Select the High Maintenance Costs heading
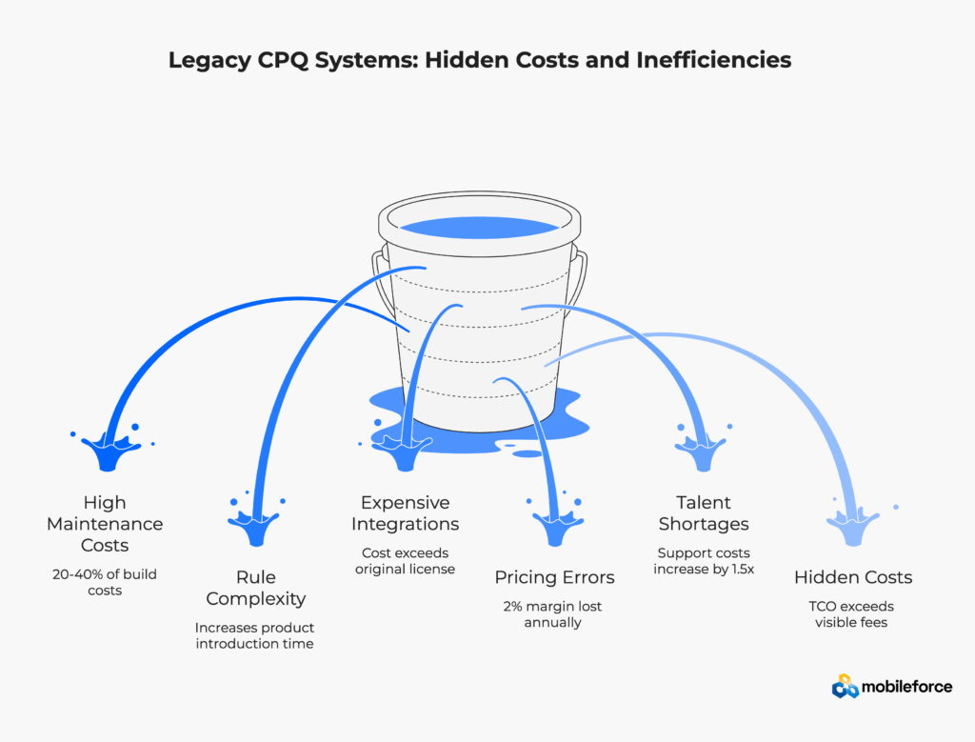(105, 524)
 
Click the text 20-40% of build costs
(105, 582)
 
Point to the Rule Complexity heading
(255, 588)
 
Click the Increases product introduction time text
(255, 636)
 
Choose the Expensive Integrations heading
(406, 513)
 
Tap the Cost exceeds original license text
(406, 561)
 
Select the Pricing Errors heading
(554, 577)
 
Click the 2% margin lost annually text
(554, 614)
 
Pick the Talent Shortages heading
(704, 513)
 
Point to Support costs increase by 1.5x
(704, 561)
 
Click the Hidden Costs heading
(853, 577)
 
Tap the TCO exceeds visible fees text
(853, 614)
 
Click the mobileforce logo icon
(845, 687)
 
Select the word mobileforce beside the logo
(906, 687)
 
